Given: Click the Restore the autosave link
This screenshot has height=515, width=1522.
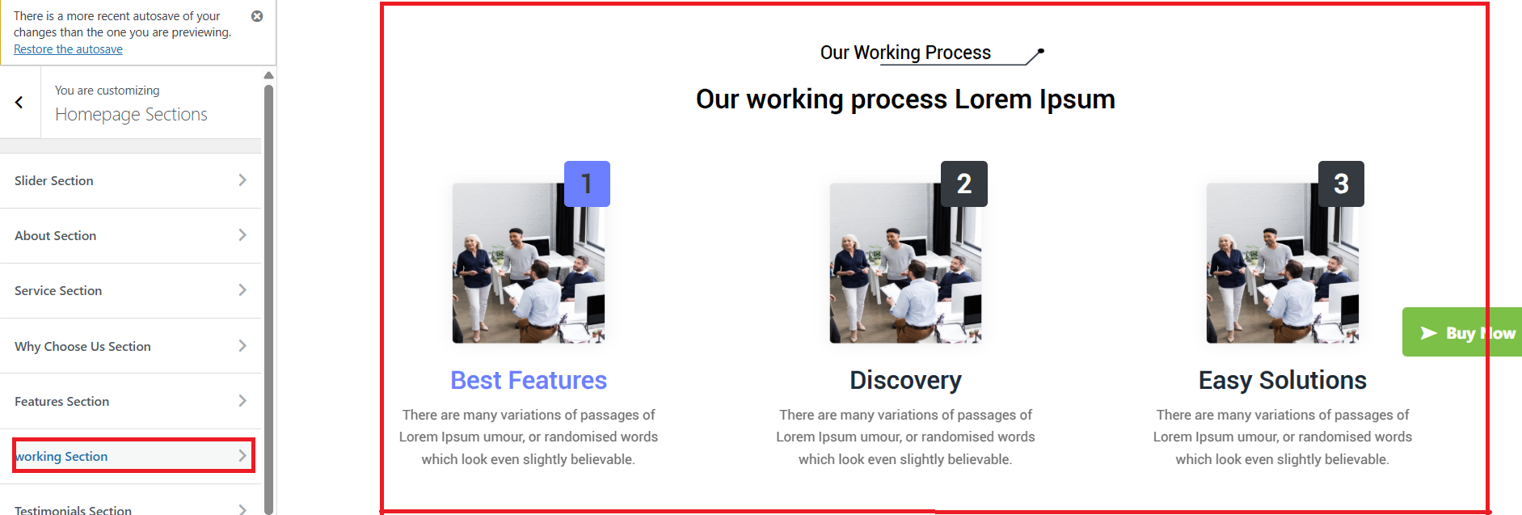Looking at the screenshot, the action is pos(68,49).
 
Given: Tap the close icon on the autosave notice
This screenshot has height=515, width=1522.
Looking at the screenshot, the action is pos(257,16).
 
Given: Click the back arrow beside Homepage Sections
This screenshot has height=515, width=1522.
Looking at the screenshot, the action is pos(19,103).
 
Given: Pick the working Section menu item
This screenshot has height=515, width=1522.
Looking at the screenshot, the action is pos(133,456).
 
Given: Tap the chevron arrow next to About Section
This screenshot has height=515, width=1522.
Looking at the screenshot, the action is pos(242,235).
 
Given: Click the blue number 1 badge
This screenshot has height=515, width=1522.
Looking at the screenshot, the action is pos(587,184).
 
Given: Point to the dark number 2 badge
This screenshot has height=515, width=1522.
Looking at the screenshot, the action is pos(964,184).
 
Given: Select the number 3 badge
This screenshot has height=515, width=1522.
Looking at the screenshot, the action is pos(1341,184).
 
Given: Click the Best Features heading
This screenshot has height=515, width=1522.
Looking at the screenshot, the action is pos(529,380).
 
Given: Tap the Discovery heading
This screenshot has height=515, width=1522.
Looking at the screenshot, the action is pos(905,380).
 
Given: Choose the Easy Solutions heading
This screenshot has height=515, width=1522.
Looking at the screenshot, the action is pos(1283,380).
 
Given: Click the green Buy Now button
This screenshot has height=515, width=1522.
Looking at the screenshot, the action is pos(1462,332).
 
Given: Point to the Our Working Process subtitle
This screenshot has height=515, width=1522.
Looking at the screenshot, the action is pos(905,53).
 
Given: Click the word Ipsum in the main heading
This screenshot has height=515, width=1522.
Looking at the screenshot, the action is pos(1077,99).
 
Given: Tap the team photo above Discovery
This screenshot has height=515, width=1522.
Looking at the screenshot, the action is pos(905,263).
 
